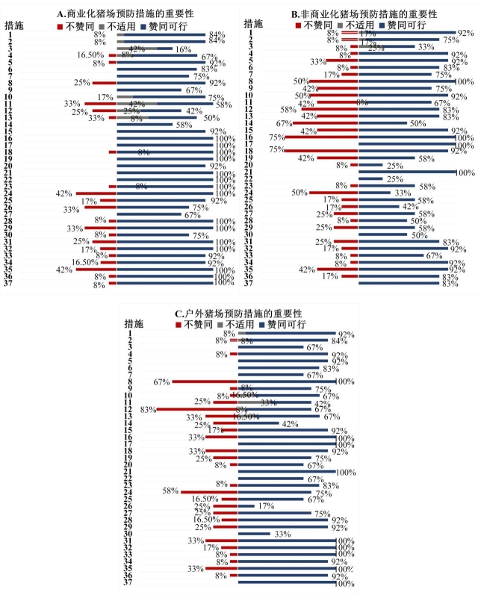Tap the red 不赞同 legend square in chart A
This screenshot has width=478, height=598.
pos(60,25)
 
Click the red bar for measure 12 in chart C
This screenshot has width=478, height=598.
pos(196,409)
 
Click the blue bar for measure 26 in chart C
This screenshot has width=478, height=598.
pos(246,506)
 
